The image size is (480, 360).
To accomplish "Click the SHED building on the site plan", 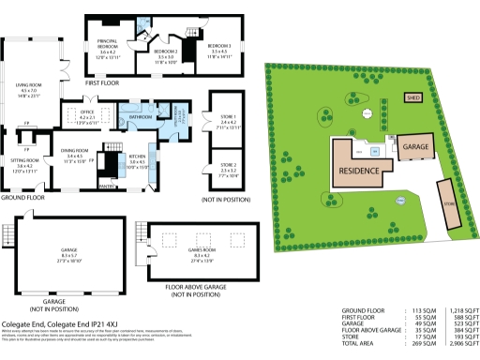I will [x=412, y=97].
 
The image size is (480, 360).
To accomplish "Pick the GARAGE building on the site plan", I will [x=415, y=147].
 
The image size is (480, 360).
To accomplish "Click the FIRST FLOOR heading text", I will [x=103, y=83].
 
